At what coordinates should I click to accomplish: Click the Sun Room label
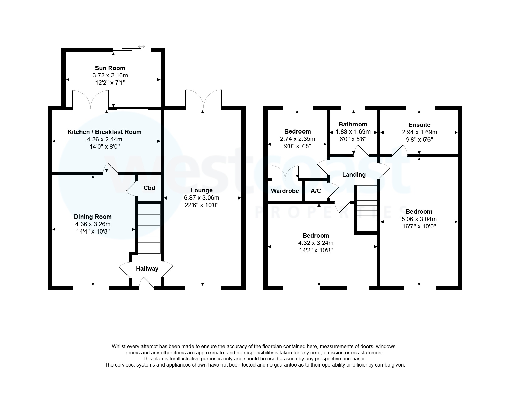click(110, 68)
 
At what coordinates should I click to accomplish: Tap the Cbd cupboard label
click(149, 188)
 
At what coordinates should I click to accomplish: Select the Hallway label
click(147, 269)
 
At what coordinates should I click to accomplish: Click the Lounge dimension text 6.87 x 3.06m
click(201, 198)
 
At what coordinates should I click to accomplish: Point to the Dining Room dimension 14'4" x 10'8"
click(93, 231)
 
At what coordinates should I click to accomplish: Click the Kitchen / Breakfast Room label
click(104, 132)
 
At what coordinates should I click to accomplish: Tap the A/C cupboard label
click(316, 191)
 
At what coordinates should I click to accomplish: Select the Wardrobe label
click(285, 191)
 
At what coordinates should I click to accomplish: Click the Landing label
click(354, 175)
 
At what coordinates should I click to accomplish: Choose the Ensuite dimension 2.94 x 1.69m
click(419, 132)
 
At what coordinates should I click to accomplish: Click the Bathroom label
click(353, 124)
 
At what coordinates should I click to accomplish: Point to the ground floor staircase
click(149, 228)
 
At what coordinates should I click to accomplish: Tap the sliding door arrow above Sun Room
click(141, 46)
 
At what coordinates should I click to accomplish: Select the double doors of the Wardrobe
click(285, 173)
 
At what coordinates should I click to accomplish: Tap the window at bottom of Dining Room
click(91, 288)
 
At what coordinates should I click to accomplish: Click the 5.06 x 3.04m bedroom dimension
click(419, 219)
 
